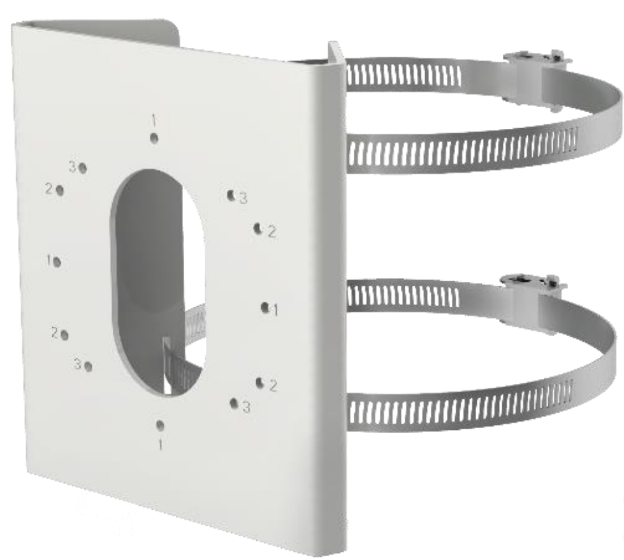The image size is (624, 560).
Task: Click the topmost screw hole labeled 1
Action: pos(154,137)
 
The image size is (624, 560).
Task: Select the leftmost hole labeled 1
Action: pos(57,262)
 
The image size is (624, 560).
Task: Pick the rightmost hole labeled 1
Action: pos(265,307)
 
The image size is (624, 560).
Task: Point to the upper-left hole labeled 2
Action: pos(60,189)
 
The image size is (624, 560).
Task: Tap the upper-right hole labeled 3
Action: pos(230,195)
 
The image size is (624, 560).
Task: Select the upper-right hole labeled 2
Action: pos(258,228)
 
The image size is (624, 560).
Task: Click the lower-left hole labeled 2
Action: pos(64,334)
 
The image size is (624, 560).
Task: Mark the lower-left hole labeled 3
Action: pos(89,365)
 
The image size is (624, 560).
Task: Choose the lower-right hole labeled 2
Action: pos(260,381)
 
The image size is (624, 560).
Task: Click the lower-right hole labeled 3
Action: pos(234,403)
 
